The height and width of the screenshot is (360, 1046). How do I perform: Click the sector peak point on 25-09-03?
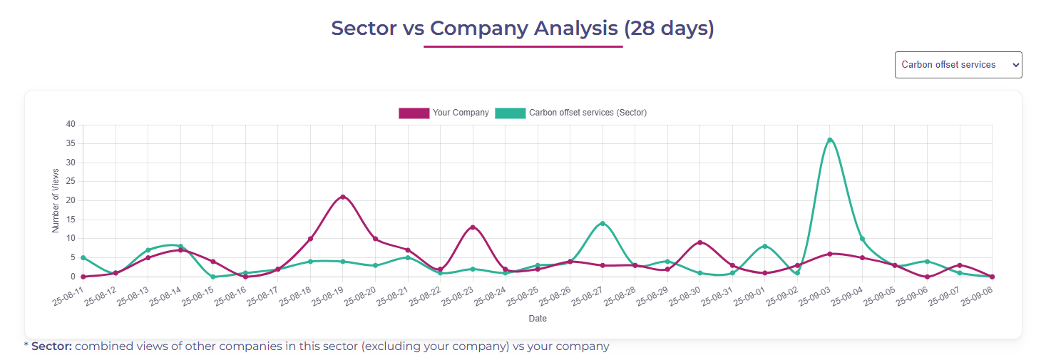click(x=830, y=140)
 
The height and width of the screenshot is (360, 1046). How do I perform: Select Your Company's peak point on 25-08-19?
click(x=343, y=197)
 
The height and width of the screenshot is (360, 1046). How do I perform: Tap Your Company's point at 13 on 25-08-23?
click(x=473, y=227)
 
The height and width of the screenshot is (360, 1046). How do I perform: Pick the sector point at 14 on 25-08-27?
click(x=603, y=223)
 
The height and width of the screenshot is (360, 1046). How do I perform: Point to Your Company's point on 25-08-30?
click(x=700, y=242)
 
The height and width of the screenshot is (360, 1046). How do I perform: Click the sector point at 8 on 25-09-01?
click(x=765, y=246)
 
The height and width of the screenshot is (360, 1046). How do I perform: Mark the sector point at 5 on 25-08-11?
click(x=83, y=257)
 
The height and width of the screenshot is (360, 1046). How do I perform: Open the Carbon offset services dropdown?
click(x=958, y=65)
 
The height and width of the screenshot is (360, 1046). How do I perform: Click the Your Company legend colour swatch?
click(x=414, y=113)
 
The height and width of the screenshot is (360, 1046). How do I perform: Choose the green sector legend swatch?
click(x=510, y=113)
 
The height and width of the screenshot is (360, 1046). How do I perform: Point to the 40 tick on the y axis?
click(x=71, y=124)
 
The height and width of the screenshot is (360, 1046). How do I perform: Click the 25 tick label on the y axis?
click(x=71, y=181)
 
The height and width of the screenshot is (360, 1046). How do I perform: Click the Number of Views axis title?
click(x=56, y=200)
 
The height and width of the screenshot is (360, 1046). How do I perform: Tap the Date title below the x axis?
click(x=538, y=319)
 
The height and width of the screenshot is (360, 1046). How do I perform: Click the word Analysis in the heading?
click(x=576, y=29)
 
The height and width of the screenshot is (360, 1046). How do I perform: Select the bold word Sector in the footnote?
click(x=51, y=346)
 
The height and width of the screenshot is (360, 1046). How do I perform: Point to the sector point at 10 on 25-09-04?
click(x=863, y=239)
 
